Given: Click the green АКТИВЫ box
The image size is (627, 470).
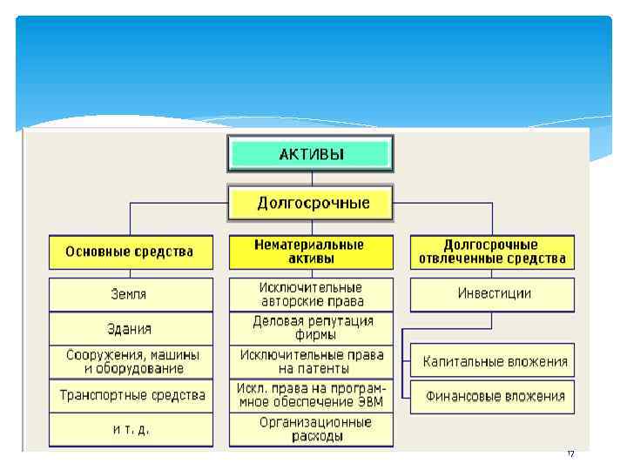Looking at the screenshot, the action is pos(311,155).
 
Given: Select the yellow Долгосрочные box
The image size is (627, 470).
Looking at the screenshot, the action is pos(311,204).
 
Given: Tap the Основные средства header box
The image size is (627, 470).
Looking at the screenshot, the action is pos(130,252).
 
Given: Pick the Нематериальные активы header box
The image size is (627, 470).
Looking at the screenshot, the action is pos(311,252).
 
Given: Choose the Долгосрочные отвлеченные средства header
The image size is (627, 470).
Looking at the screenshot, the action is pos(492,252).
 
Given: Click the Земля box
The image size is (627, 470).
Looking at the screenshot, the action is pos(130,294).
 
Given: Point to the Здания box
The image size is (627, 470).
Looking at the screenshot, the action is pos(130,329).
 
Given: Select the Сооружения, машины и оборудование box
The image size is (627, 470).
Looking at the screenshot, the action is pos(130,361).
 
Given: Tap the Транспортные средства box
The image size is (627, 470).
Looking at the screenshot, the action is pos(130,395).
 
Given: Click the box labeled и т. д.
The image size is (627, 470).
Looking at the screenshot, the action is pos(130,429).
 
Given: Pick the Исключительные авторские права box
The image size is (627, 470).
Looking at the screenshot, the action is pos(311,294).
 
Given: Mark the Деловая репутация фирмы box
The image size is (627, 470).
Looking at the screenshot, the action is pos(311,328).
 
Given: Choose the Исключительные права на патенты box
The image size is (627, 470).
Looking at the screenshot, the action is pos(311,361).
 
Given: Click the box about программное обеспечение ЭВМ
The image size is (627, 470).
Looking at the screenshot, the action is pos(311,395).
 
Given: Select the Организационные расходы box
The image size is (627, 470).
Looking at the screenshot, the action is pos(311,429).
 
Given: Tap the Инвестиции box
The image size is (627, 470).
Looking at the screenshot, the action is pos(492,294).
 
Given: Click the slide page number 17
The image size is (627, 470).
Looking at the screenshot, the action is pos(571,454).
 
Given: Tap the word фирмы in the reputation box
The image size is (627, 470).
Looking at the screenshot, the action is pos(311,335).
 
